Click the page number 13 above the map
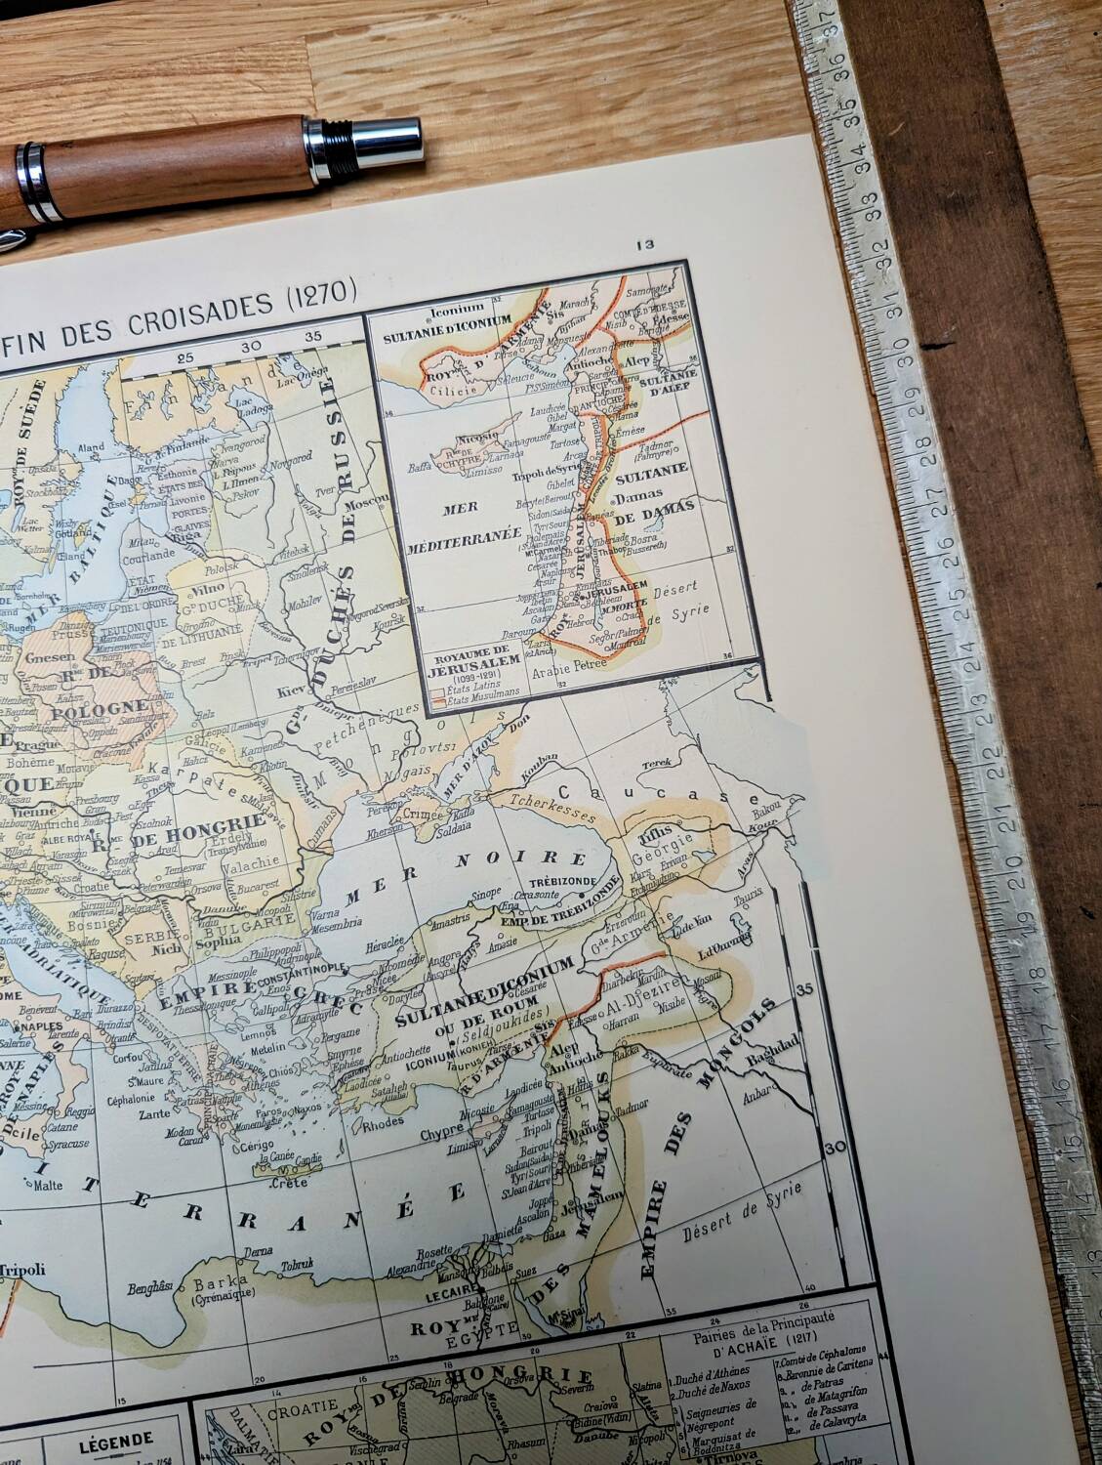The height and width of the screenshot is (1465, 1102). (643, 245)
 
